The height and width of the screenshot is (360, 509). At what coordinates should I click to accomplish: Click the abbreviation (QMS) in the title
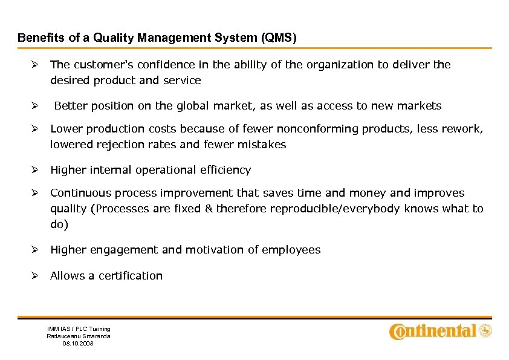point(279,38)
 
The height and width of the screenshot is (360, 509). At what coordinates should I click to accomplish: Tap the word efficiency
point(225,170)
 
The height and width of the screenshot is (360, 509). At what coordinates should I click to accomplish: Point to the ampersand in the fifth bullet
point(209,209)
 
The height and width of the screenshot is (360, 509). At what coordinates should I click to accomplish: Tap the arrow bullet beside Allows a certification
point(36,276)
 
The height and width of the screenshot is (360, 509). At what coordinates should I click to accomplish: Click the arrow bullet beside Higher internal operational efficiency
point(36,170)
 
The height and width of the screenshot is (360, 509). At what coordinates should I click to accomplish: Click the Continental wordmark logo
point(433,331)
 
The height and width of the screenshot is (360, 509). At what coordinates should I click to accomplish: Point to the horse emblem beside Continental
point(485,331)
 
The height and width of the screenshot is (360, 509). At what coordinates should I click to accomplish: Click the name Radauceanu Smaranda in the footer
point(79,336)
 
